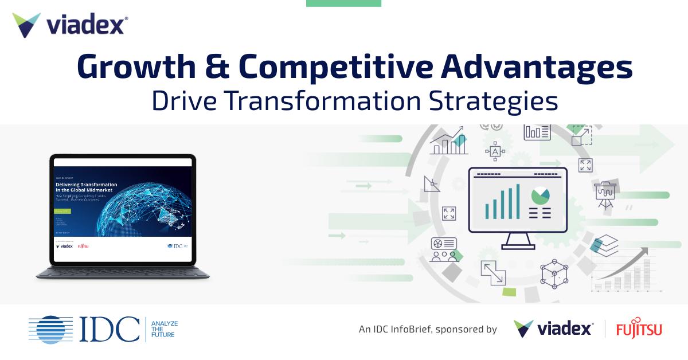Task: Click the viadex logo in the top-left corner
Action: coord(69,25)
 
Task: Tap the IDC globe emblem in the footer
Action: coord(50,329)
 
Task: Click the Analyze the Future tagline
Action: coord(163,329)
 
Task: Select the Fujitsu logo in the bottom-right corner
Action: coord(639,329)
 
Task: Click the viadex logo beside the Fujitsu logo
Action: coord(553,329)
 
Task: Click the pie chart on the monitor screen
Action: coord(540,196)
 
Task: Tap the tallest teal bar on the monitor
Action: coord(518,201)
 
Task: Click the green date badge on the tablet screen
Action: coord(62,210)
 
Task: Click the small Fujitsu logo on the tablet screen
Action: coord(83,246)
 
